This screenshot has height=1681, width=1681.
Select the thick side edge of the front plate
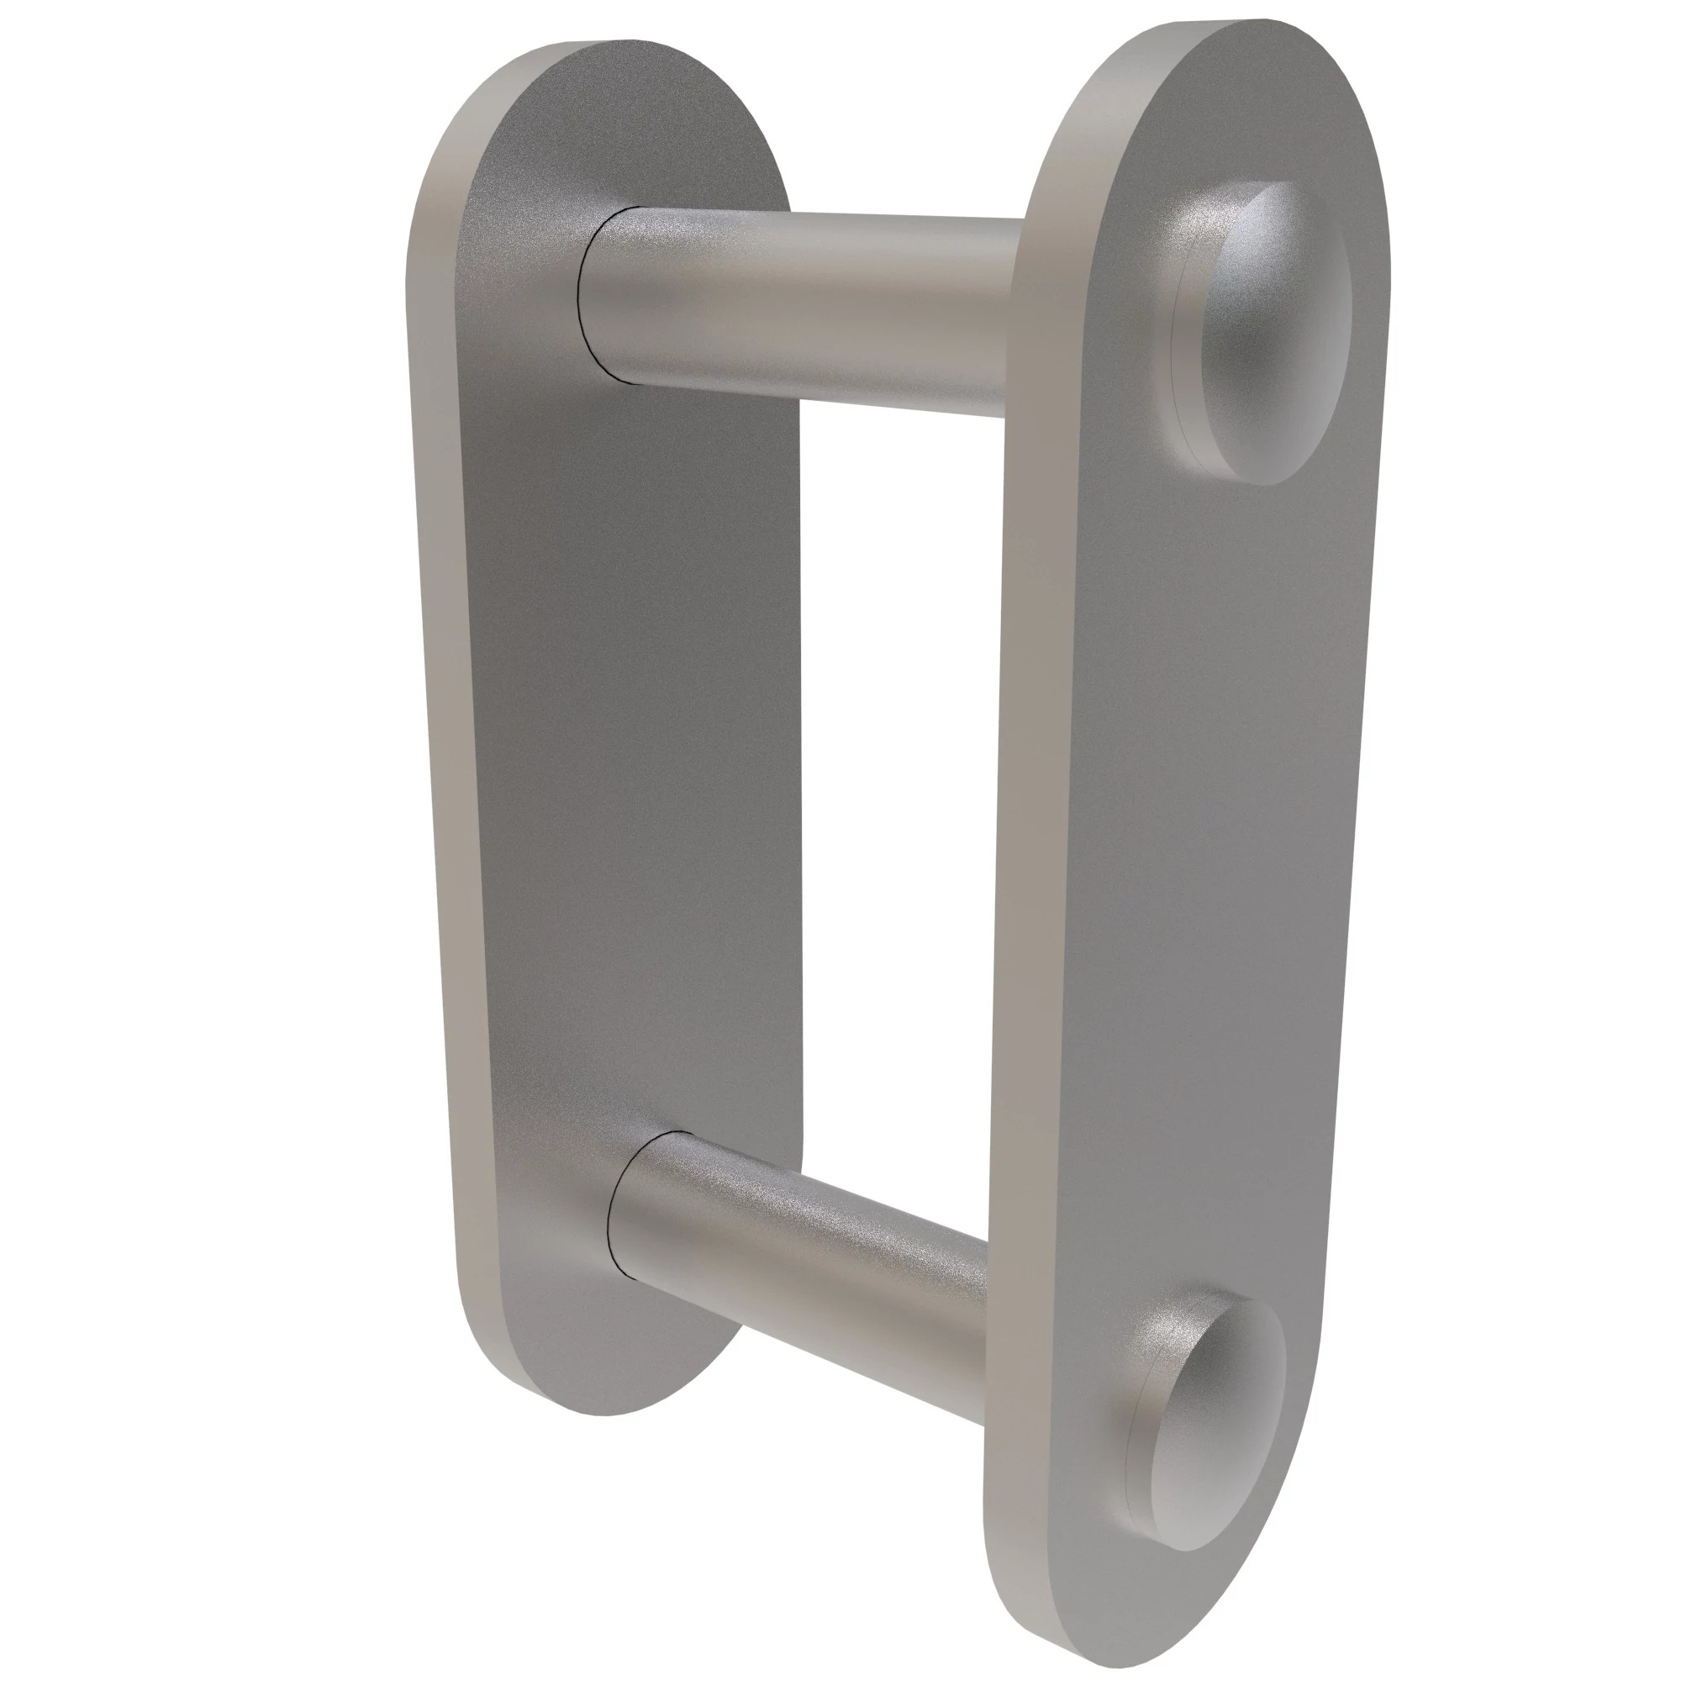pos(1027,870)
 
